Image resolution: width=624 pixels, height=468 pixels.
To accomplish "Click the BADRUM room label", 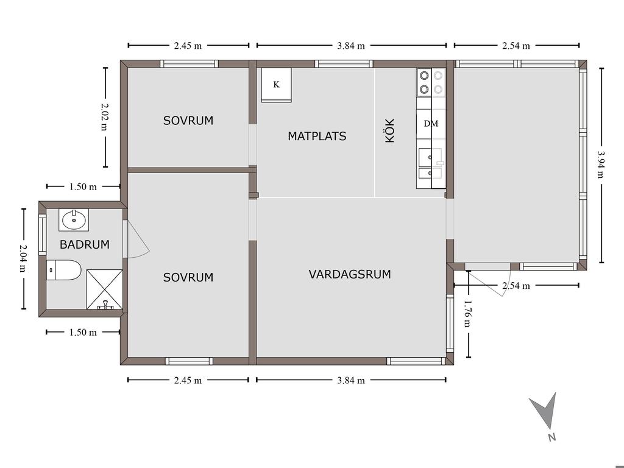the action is coord(84,244).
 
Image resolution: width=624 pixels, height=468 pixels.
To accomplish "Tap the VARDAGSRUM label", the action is coord(350,274).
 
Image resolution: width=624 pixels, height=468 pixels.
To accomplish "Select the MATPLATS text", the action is coord(317,136).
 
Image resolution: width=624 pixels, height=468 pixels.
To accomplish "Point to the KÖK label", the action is coord(389,130).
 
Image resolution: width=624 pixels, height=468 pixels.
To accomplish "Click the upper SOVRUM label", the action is coord(188,121).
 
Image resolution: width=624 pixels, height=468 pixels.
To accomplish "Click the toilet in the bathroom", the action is coord(63,270).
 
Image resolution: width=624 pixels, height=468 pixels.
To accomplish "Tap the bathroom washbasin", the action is coord(74,219).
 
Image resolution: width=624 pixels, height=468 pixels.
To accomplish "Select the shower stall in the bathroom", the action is coord(104,289).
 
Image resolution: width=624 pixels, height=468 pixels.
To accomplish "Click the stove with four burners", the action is coord(431,83).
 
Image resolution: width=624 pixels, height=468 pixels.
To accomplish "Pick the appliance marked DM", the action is coord(431,124).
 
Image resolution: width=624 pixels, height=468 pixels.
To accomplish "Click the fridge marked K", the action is coord(276,85).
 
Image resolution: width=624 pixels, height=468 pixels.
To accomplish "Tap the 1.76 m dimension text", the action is coord(468,314).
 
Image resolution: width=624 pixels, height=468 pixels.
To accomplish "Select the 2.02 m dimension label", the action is coord(104,117).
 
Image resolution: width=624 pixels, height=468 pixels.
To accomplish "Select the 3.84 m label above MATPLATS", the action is coord(351,46).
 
